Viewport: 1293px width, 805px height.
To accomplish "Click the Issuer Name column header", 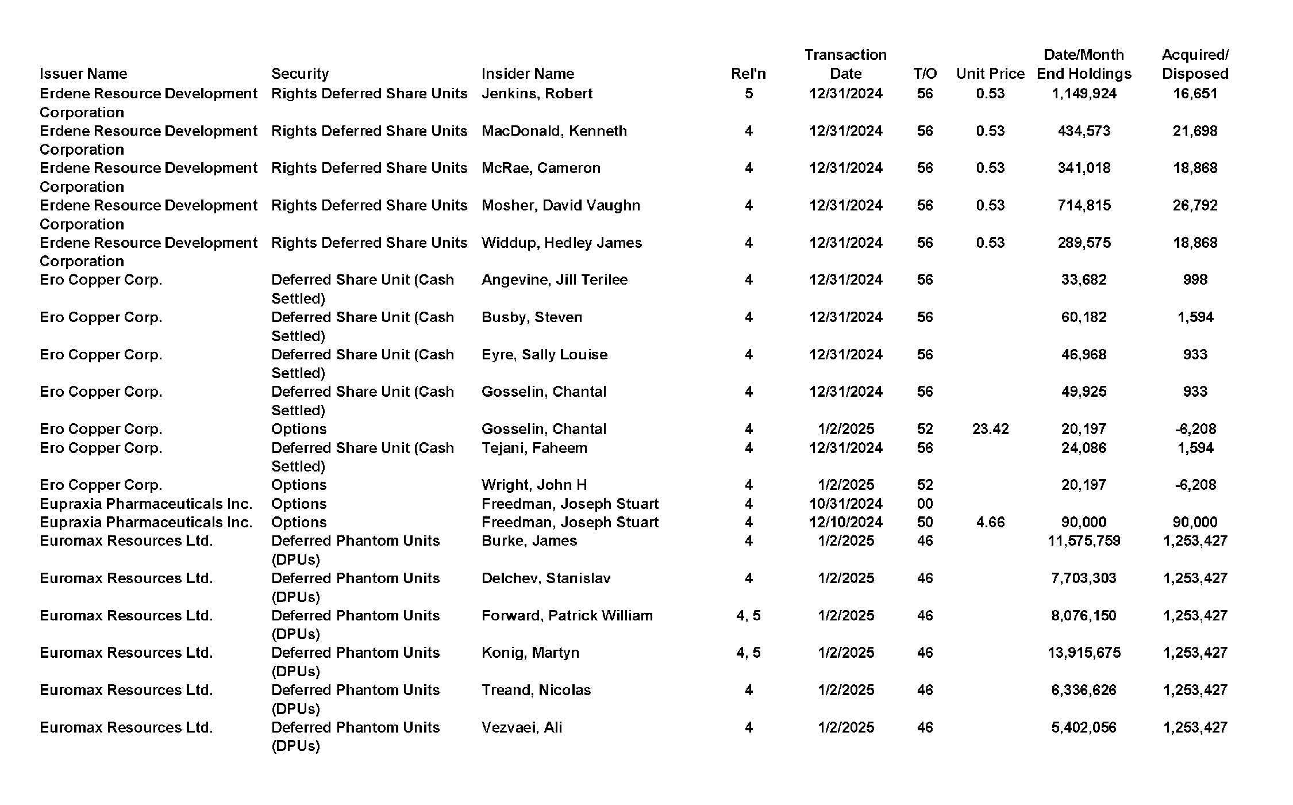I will pos(83,74).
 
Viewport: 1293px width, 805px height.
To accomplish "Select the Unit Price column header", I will pos(990,74).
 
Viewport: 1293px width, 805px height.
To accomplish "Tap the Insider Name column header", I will pos(528,74).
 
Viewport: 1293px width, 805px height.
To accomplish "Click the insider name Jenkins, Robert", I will pos(537,94).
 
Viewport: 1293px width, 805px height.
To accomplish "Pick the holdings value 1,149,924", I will pos(1084,94).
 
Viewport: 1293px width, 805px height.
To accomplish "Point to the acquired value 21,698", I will pos(1195,131).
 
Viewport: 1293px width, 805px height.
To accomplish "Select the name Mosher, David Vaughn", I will pos(560,205).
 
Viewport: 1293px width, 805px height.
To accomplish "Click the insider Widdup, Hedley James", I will pos(561,243).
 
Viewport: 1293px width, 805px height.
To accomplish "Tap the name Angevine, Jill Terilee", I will pos(554,280).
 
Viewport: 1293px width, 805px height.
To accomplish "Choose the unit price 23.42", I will pos(990,429).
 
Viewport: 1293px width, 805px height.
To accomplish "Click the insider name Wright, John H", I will pos(534,485).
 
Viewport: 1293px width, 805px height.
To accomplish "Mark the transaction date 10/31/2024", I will pos(845,504).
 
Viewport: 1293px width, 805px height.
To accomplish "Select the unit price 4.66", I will pos(990,522).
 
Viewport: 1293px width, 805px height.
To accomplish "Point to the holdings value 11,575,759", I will pos(1084,541).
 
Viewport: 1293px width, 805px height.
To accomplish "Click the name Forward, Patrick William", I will pos(567,616).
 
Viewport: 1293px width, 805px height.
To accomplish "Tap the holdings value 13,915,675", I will pos(1084,653).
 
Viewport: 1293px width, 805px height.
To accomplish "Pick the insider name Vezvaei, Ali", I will pos(522,727).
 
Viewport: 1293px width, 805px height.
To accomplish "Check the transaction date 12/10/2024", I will pos(845,522).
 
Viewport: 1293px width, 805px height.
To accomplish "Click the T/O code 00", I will pos(925,504).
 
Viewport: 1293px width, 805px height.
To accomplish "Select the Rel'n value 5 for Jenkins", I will pos(748,94).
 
